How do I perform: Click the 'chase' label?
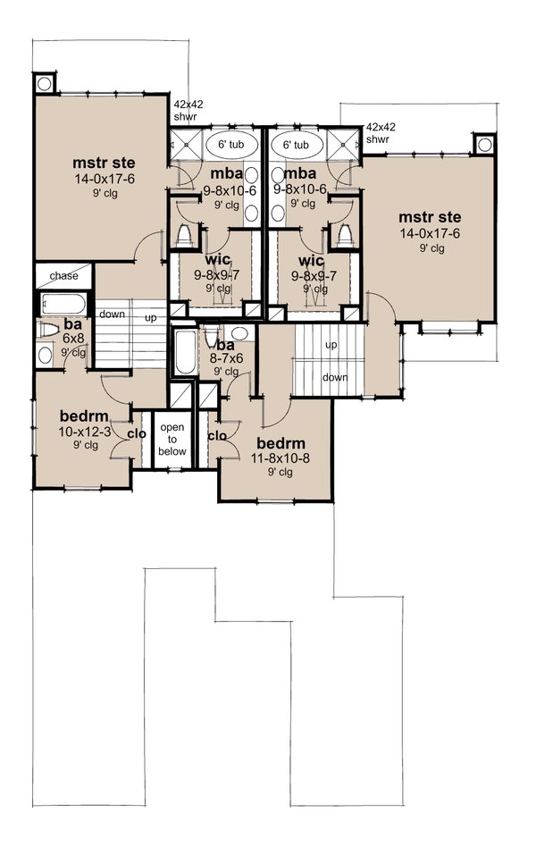63,275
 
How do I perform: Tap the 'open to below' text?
172,440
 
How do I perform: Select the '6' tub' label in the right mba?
296,145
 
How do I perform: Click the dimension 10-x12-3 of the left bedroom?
86,432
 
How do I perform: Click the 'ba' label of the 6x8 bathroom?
72,325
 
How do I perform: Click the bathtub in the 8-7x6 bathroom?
182,352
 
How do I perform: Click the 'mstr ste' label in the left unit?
100,164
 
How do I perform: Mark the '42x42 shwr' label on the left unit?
188,109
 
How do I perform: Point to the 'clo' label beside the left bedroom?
137,434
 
